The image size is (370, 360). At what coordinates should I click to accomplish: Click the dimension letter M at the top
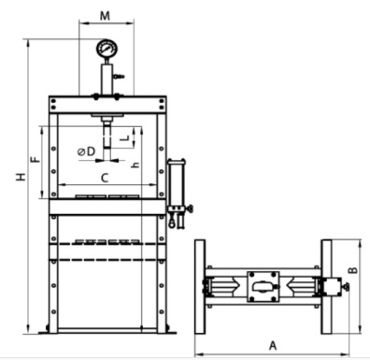click(x=105, y=16)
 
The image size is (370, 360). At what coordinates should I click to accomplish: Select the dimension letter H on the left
click(x=21, y=177)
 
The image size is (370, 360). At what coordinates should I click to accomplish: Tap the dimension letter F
click(x=36, y=160)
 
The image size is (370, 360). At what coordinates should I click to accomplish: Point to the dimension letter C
click(x=105, y=179)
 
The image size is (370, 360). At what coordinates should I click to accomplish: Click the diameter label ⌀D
click(x=86, y=151)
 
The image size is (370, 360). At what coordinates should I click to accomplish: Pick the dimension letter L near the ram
click(x=124, y=137)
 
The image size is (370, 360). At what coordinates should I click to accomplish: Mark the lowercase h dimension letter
click(x=135, y=166)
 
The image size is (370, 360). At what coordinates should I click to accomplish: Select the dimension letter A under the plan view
click(x=273, y=346)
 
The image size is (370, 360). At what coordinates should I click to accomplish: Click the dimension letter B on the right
click(x=352, y=270)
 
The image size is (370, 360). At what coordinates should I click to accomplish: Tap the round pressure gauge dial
click(x=107, y=49)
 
